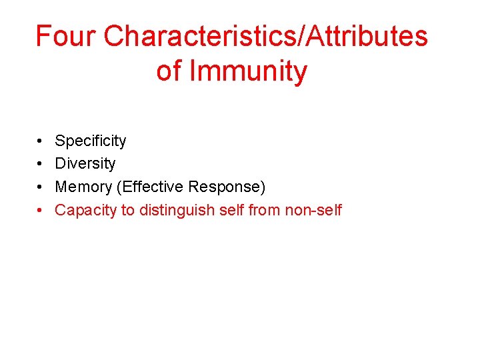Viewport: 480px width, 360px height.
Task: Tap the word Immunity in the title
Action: coord(248,71)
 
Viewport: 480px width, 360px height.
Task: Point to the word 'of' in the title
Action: coord(169,71)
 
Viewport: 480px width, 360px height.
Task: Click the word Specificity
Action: coord(90,141)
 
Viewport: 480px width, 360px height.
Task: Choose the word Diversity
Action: coord(85,163)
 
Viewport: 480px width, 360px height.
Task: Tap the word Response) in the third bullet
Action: coord(227,187)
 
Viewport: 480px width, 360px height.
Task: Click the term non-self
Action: coord(313,210)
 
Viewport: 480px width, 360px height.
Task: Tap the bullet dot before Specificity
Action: coord(41,141)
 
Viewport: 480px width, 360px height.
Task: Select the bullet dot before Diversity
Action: coord(41,164)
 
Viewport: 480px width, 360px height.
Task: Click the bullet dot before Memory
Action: coord(41,187)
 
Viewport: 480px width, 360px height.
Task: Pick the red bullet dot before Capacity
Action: coord(41,211)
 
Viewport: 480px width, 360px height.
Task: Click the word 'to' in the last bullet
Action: coord(128,210)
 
